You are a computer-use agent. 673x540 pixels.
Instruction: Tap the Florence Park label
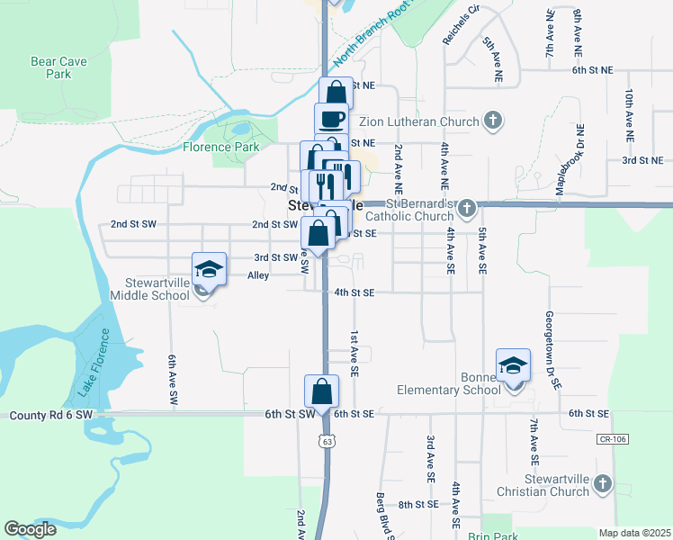[x=220, y=147]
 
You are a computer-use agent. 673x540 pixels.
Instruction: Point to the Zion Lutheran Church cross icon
[x=492, y=120]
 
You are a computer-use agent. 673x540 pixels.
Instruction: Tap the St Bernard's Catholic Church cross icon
[x=466, y=210]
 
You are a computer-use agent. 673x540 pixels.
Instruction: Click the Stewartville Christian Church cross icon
[x=602, y=484]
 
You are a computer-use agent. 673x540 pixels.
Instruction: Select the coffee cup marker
[x=331, y=119]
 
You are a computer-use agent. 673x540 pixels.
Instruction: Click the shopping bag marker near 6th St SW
[x=321, y=391]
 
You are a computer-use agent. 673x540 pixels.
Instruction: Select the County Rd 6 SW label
[x=51, y=415]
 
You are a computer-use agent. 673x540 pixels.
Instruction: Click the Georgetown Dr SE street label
[x=552, y=350]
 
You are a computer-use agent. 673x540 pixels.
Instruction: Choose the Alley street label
[x=258, y=276]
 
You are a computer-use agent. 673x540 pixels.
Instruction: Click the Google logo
[x=30, y=528]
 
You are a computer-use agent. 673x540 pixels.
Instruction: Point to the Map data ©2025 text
[x=635, y=533]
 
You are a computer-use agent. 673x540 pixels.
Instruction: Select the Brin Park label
[x=487, y=535]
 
